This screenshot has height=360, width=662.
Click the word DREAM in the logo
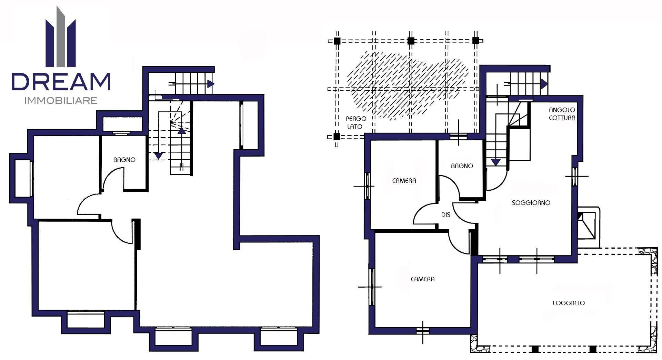61,81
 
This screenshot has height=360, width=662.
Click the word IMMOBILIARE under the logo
61,101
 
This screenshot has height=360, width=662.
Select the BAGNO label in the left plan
124,160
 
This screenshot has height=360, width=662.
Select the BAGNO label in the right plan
462,166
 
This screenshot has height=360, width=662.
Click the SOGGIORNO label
531,203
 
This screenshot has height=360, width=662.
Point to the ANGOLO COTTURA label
562,114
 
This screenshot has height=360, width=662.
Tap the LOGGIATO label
569,303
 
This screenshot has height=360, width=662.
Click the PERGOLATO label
355,123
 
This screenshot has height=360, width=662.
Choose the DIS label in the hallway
445,215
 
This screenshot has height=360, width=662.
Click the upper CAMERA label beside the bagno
404,181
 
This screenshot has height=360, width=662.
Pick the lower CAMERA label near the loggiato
422,279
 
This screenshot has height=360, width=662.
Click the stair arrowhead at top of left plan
211,83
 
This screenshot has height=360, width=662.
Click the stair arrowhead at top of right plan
544,84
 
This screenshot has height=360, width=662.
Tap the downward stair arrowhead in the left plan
158,156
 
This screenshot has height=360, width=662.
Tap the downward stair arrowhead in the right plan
496,162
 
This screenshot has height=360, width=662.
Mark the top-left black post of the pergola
337,41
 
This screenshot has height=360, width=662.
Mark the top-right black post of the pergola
476,41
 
